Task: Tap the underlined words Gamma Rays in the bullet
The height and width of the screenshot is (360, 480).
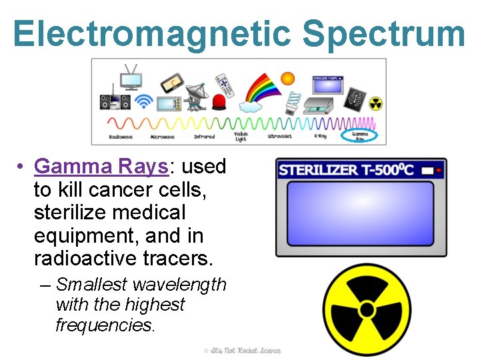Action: click(x=130, y=166)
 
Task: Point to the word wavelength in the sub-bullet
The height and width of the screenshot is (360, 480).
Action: click(x=179, y=285)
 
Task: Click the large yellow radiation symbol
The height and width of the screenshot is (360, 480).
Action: click(x=366, y=309)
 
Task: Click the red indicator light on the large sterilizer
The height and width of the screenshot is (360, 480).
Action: click(x=438, y=171)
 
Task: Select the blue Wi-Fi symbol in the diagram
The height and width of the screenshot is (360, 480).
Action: click(x=143, y=102)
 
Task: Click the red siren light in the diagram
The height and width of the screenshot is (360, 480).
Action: click(x=219, y=102)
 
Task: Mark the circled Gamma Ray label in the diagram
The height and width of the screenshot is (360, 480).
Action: click(x=359, y=136)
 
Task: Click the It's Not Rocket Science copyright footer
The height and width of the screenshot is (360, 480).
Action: click(x=243, y=351)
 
